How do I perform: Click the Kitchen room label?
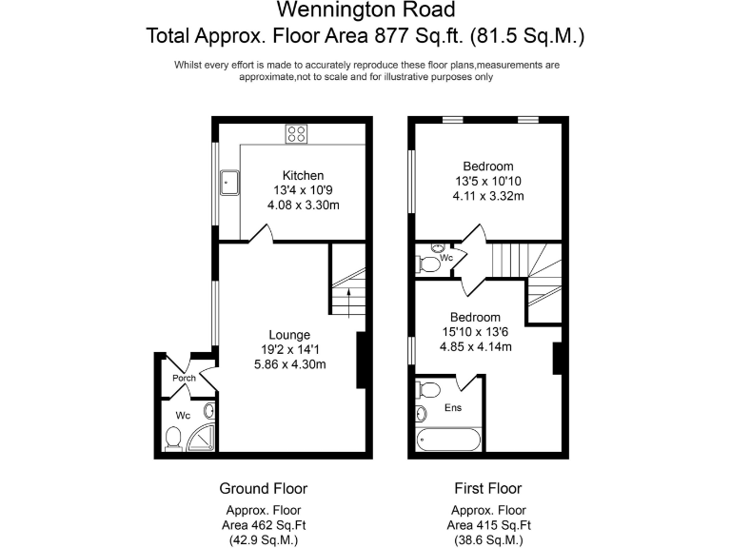303,175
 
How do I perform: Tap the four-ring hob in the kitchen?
296,134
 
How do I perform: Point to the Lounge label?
289,335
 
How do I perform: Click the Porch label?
184,379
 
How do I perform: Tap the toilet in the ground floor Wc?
174,437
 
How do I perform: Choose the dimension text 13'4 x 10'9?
303,190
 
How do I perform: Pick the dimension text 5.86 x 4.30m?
289,364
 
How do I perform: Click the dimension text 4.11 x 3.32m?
488,196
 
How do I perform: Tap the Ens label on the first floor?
455,408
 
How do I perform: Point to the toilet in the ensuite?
427,390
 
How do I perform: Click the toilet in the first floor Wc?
430,262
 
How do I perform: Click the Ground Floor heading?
264,489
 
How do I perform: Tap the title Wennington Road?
365,11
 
